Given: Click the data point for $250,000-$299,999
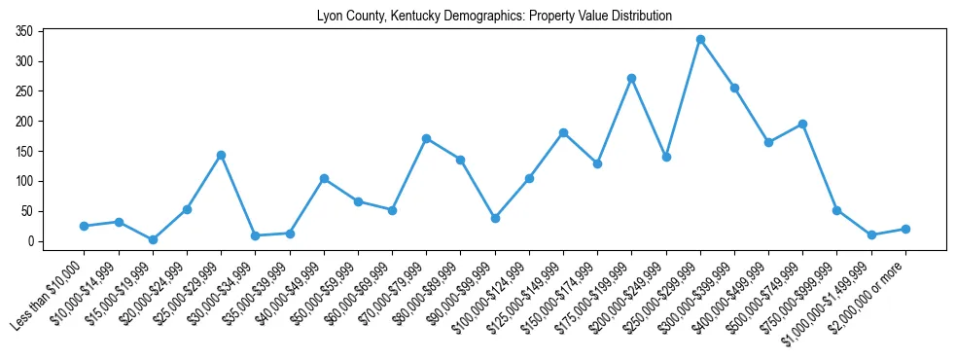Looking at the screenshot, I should pos(700,40).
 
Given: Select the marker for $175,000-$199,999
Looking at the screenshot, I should pos(631,78).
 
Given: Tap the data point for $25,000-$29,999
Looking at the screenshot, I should pos(221,155).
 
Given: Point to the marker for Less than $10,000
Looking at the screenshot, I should pos(85,226).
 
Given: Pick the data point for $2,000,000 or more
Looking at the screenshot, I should pos(905,229).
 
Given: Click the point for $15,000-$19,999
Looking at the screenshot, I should pos(153,239).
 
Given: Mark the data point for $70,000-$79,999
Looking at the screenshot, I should pos(426,138).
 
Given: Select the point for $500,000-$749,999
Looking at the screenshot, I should pos(802,124).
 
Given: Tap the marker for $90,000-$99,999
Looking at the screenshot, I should pos(495,218).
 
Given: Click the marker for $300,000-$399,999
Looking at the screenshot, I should pos(734,88).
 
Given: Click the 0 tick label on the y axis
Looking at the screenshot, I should pos(31,241).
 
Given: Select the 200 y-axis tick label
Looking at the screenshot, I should pos(25,122).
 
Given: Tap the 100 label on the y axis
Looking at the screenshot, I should pos(25,182).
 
